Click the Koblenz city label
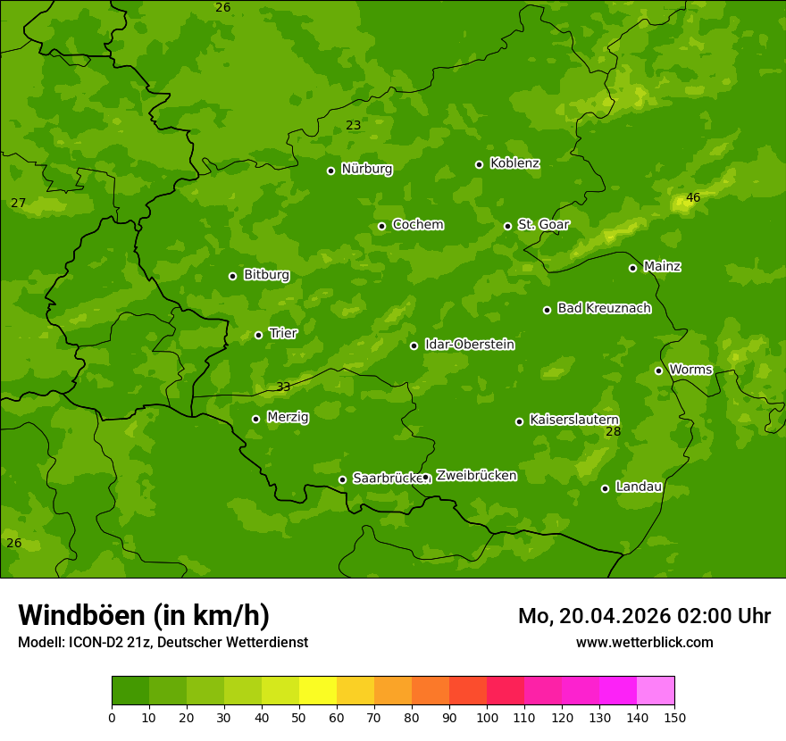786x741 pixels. coord(514,163)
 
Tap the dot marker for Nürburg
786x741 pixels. coord(330,171)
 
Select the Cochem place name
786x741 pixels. coord(417,225)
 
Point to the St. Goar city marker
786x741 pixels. coord(507,226)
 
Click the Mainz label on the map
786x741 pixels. coord(662,267)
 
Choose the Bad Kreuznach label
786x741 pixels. coord(604,308)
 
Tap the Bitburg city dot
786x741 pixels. coord(232,276)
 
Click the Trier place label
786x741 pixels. coord(282,333)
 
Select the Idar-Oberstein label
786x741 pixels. coord(469,345)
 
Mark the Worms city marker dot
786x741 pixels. coord(658,370)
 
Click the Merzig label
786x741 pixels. coord(288,417)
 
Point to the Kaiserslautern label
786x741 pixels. coord(573,420)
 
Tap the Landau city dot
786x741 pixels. coord(605,488)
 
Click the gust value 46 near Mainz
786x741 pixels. coord(693,197)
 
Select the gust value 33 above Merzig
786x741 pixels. coord(283,387)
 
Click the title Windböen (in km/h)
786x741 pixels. coord(144,615)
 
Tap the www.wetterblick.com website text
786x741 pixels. coord(644,642)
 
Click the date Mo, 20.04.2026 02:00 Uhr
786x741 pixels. coord(644,616)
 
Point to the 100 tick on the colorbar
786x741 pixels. coord(487,717)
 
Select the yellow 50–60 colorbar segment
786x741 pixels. coord(318,691)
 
